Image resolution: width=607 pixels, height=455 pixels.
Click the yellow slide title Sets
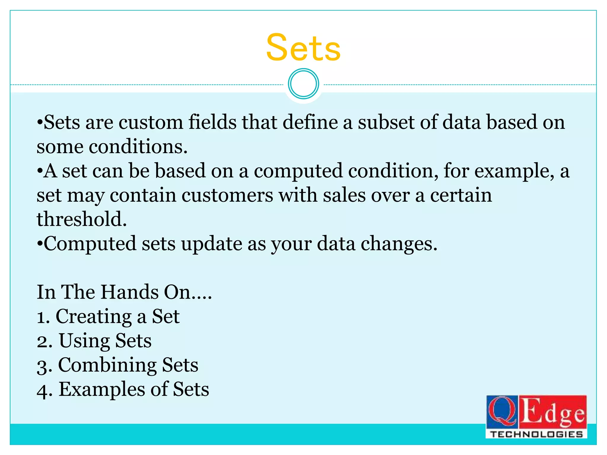click(x=303, y=48)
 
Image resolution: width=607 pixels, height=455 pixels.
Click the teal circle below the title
click(x=303, y=84)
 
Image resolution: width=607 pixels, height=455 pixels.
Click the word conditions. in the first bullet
click(x=138, y=147)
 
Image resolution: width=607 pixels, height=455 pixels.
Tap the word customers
click(x=227, y=196)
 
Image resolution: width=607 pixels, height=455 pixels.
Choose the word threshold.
click(x=82, y=220)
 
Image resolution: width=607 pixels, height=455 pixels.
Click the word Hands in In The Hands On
click(x=130, y=292)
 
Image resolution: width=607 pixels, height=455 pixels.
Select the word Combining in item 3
click(x=107, y=365)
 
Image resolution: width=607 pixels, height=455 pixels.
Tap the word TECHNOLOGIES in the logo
click(x=536, y=434)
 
